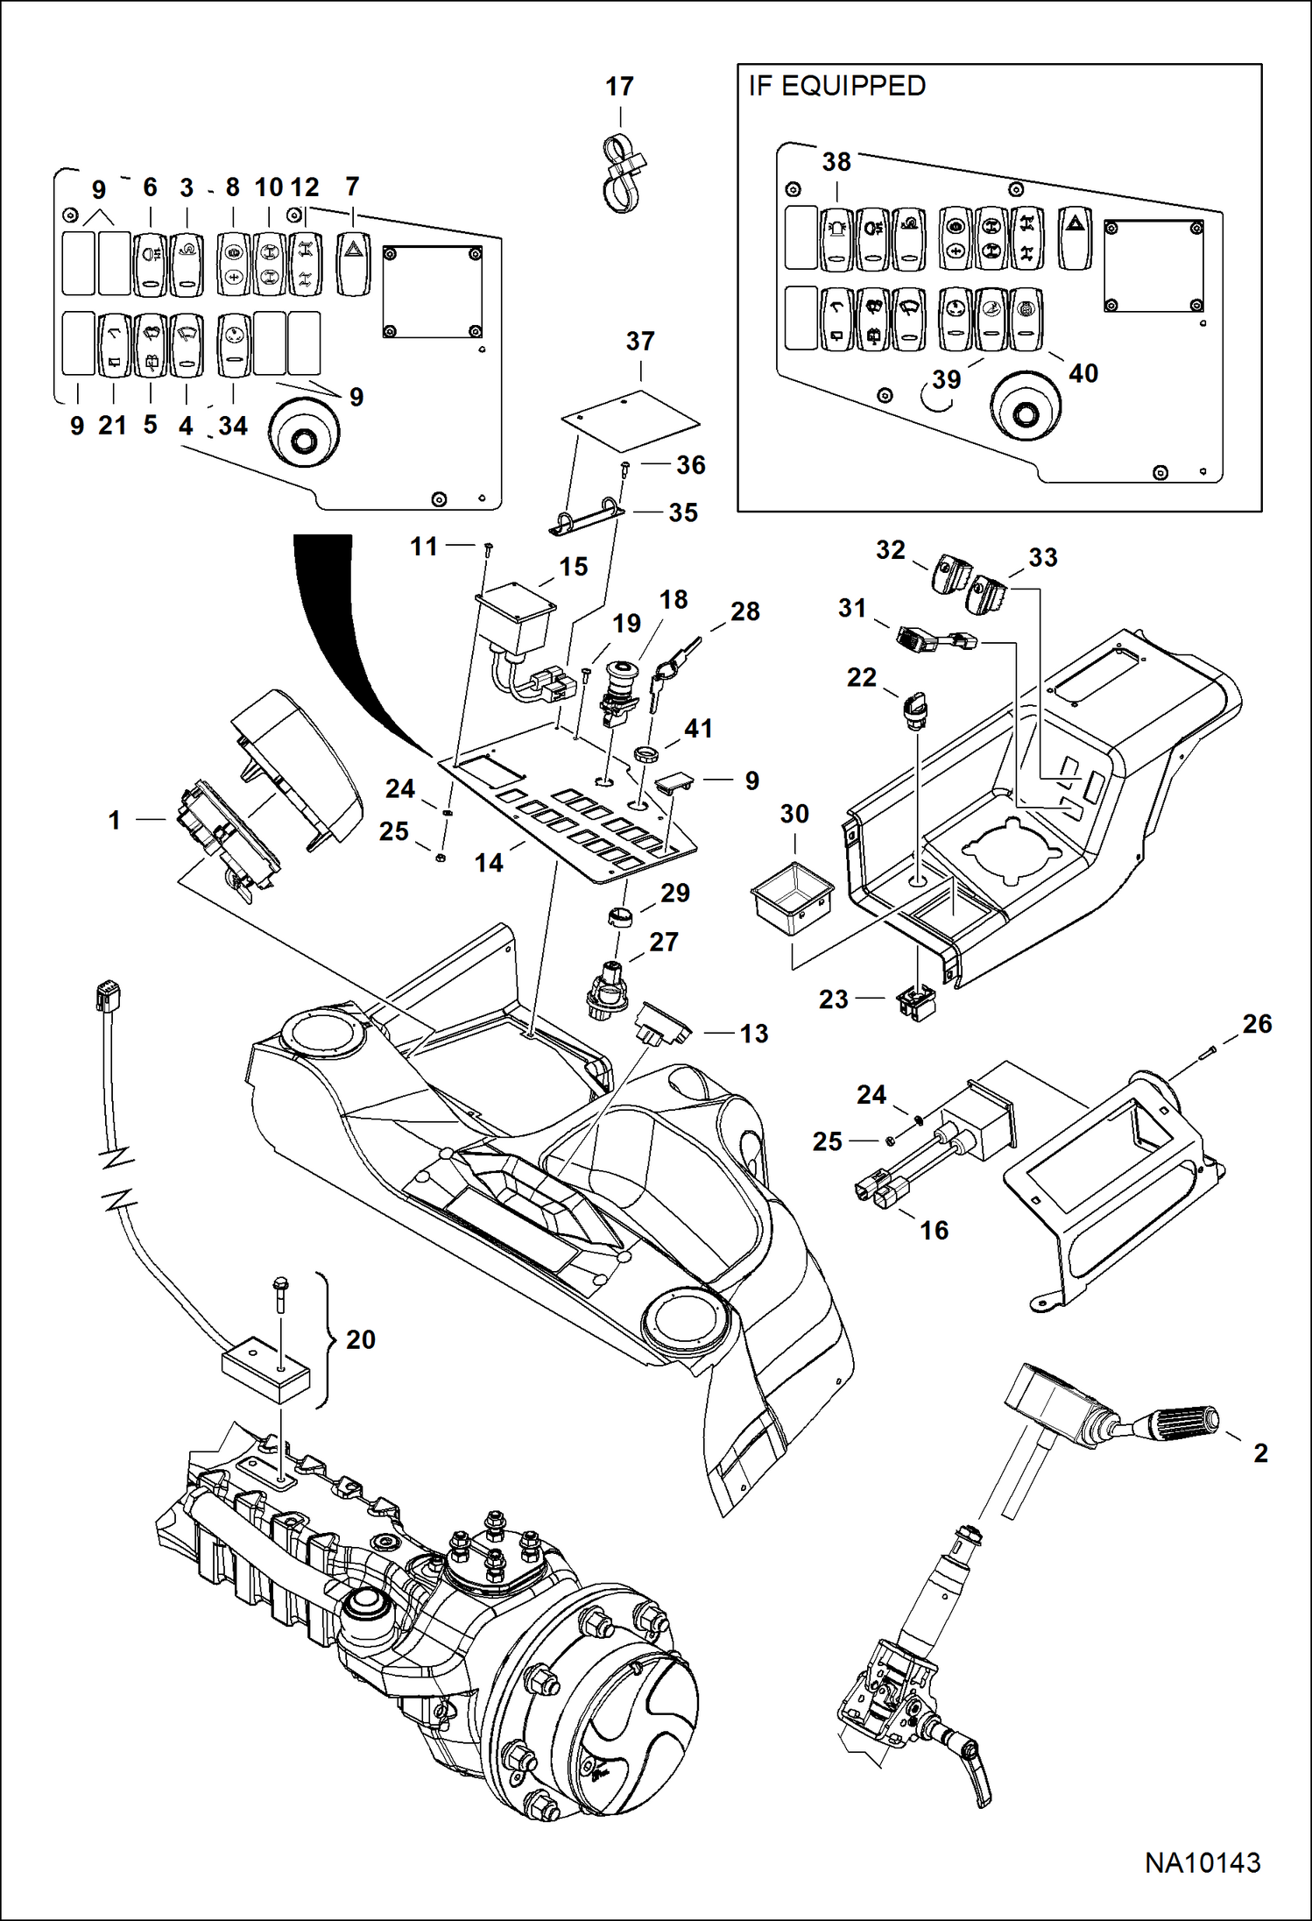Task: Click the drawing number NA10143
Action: [x=1203, y=1861]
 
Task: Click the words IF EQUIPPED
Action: [x=836, y=86]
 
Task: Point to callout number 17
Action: [x=619, y=87]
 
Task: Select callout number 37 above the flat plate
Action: [x=640, y=341]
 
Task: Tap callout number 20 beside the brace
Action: [x=360, y=1339]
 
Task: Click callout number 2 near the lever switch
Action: [x=1260, y=1452]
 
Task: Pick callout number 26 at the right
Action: [x=1257, y=1023]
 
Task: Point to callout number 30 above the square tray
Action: [x=794, y=814]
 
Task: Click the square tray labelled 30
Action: [x=792, y=899]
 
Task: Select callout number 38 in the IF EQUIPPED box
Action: [x=836, y=162]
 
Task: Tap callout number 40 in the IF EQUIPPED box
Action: [x=1083, y=373]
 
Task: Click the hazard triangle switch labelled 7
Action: [x=353, y=260]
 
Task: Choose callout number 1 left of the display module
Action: [x=114, y=820]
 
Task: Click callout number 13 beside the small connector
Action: [x=753, y=1034]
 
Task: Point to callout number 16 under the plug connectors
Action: [x=935, y=1230]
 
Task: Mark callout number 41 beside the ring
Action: [x=698, y=728]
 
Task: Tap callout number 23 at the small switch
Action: [x=833, y=999]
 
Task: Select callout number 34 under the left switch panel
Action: [x=233, y=426]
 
